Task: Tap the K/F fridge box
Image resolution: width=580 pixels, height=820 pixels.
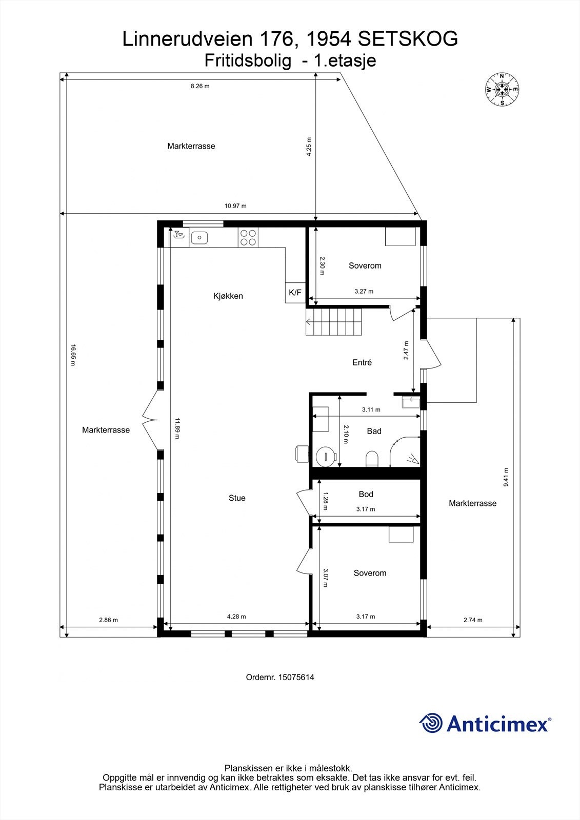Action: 295,293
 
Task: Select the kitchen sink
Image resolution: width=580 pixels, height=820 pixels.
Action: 199,237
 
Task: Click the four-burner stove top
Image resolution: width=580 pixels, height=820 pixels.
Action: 248,237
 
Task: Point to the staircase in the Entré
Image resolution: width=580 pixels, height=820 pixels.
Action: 334,322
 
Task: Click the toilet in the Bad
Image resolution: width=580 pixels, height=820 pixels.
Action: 372,459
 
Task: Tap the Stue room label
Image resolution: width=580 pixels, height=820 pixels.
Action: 237,498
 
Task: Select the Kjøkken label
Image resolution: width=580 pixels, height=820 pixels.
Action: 228,296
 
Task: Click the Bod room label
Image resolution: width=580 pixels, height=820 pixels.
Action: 366,494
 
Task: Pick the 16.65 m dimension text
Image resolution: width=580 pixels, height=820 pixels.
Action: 73,356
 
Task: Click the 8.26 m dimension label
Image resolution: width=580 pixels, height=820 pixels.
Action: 200,86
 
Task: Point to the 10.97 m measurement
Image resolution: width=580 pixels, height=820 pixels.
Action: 235,206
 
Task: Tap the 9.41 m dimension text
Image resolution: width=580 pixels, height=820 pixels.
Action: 506,478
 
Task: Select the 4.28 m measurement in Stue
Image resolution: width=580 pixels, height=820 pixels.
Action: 236,617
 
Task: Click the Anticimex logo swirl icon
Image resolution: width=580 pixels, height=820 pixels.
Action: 431,723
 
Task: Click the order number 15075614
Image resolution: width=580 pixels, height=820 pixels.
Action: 280,678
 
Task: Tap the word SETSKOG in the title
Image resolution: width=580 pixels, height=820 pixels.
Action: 408,39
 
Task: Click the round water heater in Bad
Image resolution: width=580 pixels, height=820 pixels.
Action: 326,456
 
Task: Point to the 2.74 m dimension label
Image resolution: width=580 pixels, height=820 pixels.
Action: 473,620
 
